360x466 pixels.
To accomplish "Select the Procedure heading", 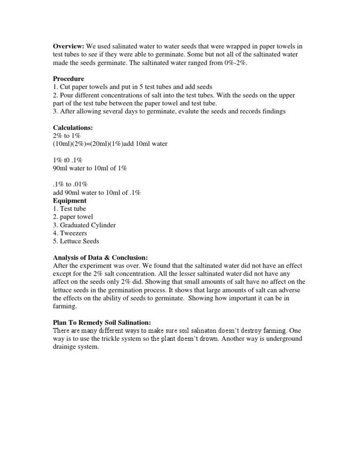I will pos(68,79).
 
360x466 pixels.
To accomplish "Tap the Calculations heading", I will pos(73,128).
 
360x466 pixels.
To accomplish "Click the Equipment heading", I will pos(70,201).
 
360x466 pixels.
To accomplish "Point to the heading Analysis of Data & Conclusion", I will pos(100,257).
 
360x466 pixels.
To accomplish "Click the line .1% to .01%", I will pos(68,184).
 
